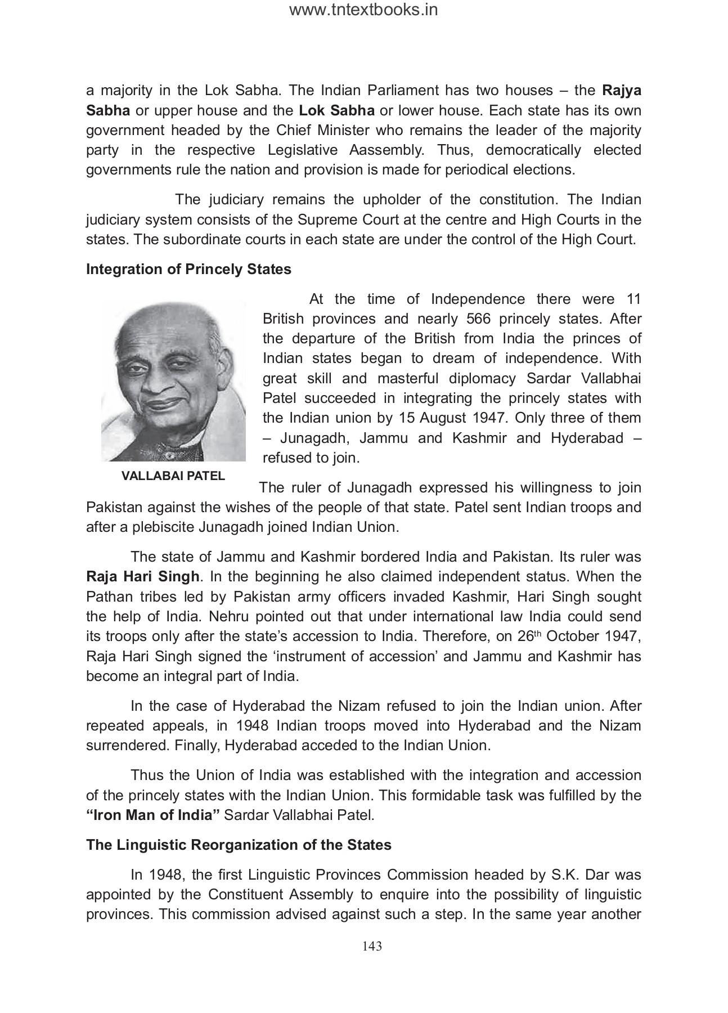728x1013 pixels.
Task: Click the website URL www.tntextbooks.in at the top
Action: [x=363, y=10]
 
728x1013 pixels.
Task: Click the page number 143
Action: [x=372, y=946]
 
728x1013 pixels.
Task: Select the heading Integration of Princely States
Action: [x=188, y=270]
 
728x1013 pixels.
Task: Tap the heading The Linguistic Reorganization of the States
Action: [x=239, y=845]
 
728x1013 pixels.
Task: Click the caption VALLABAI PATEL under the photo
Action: [x=173, y=476]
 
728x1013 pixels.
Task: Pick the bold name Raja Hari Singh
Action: [x=143, y=577]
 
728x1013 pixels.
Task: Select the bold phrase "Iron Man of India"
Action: [x=152, y=815]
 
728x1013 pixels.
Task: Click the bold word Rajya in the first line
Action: [x=622, y=91]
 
